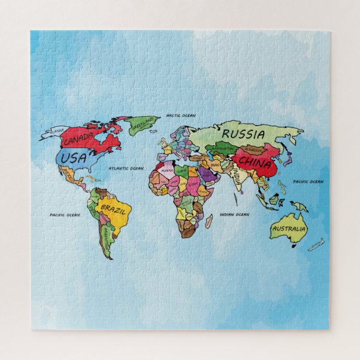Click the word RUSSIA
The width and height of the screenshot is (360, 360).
[243, 134]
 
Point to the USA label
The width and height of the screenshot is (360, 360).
[74, 158]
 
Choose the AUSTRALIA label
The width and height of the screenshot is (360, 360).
[289, 229]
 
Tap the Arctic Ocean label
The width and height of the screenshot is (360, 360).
[181, 116]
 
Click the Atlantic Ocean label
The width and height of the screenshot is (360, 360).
[126, 168]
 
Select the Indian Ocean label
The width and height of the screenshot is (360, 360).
[234, 214]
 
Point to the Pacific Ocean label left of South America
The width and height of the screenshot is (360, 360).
[65, 215]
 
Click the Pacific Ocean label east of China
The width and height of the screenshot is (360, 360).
[308, 182]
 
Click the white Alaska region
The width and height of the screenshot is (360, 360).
[56, 132]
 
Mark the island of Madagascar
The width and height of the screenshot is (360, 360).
[209, 221]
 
